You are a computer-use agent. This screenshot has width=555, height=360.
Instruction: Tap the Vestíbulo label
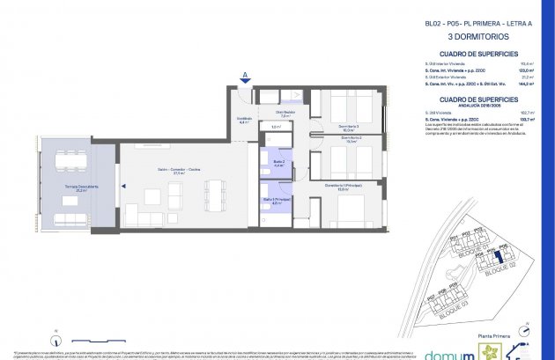point(246,121)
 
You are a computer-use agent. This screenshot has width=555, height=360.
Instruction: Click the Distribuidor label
point(284,113)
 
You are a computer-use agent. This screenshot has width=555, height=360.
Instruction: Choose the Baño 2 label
point(277,163)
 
